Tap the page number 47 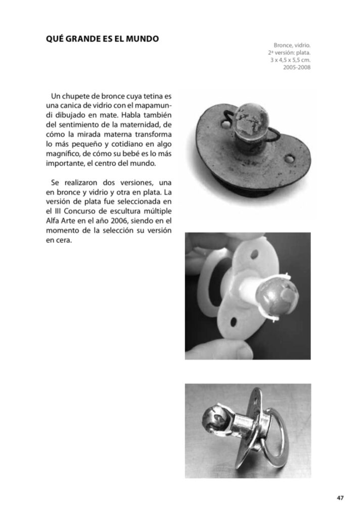[x=340, y=498]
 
